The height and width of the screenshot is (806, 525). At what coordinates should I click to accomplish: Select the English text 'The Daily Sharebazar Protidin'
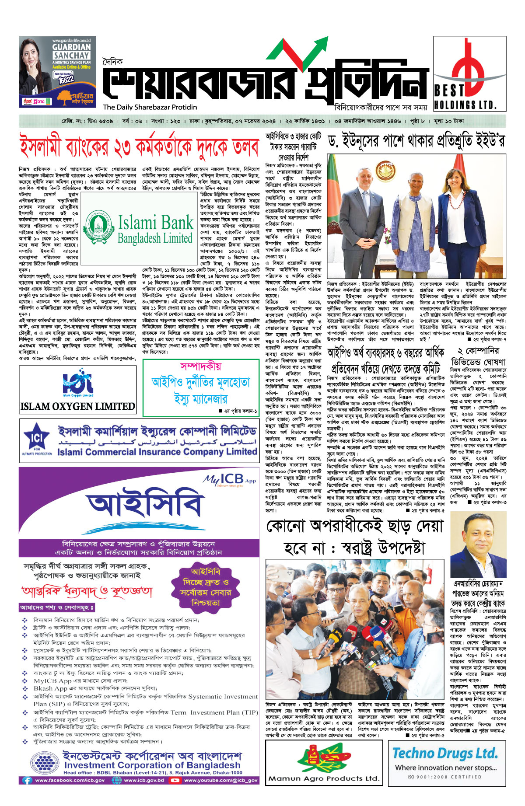150,107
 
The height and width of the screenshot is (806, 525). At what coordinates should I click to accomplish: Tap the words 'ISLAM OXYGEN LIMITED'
78,406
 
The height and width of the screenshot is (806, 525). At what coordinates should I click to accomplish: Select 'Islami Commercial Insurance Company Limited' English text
157,451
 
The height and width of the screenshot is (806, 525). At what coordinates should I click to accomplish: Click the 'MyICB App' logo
228,480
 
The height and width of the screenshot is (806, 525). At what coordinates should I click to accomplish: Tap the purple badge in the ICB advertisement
205,587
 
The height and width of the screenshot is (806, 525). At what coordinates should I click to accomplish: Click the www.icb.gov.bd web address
144,780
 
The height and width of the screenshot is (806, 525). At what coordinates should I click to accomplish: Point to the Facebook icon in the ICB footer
27,780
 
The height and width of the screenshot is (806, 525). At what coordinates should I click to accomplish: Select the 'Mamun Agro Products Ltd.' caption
324,778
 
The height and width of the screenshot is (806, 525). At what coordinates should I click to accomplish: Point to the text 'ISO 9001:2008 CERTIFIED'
444,777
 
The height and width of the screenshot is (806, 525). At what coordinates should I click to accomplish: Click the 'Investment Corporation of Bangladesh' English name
152,765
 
